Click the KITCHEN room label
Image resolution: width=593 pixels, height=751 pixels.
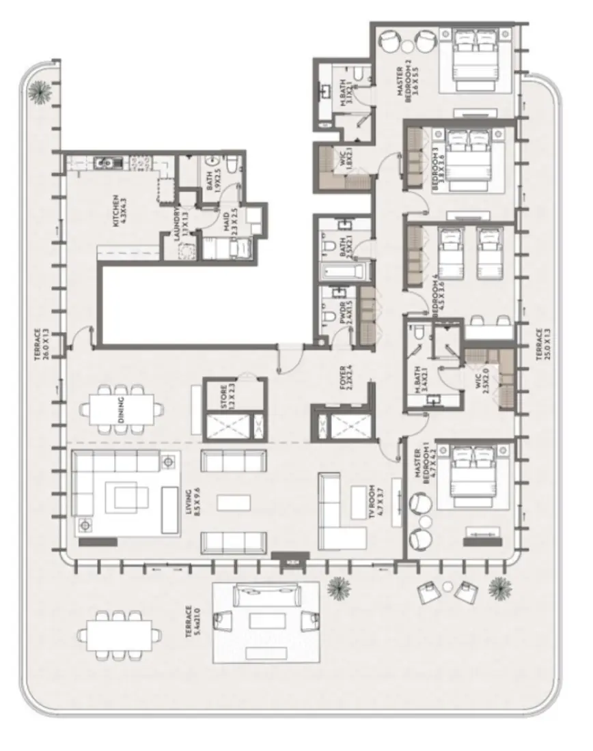pos(120,211)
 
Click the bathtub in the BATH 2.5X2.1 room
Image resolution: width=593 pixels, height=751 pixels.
pos(345,274)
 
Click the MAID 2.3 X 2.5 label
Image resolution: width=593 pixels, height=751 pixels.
pos(225,221)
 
